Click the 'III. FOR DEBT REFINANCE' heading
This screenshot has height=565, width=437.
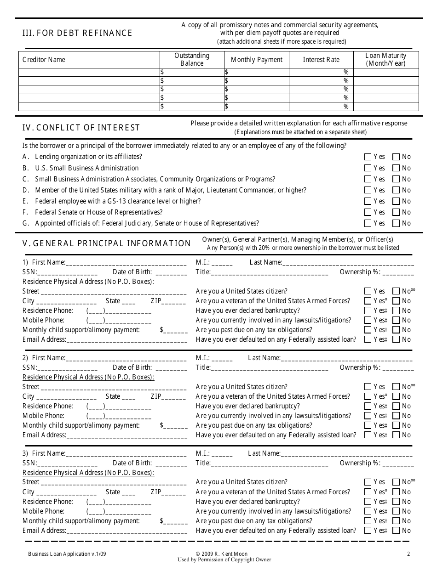click(x=77, y=33)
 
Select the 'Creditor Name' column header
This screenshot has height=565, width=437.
click(x=44, y=60)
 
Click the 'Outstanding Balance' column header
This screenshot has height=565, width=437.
click(x=192, y=59)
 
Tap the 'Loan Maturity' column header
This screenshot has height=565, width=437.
click(x=386, y=59)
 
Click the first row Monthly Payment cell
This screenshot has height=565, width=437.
click(x=257, y=72)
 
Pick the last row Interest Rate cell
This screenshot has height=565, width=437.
click(x=321, y=107)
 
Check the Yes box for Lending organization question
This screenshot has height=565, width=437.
click(x=368, y=157)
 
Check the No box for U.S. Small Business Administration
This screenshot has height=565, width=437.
click(x=396, y=168)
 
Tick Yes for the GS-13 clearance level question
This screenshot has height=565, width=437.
click(x=368, y=201)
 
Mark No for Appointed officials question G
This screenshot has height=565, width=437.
click(x=396, y=223)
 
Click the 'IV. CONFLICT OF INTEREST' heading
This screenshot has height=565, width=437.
click(x=81, y=128)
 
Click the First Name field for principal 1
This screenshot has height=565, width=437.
click(x=126, y=263)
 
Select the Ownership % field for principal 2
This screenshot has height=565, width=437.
click(x=398, y=368)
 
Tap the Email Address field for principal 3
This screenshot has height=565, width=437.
click(x=127, y=531)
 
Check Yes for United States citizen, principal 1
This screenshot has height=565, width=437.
click(x=368, y=291)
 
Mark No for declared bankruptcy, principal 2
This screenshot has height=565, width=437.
click(x=396, y=406)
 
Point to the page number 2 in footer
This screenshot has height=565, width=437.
click(x=408, y=554)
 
